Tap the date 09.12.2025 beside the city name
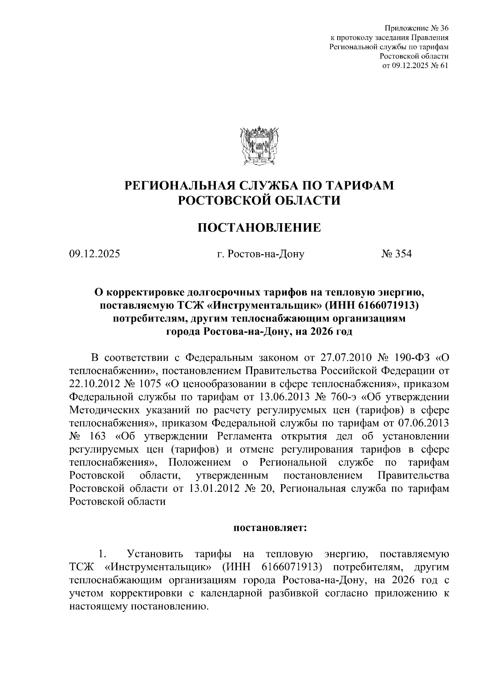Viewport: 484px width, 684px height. click(94, 254)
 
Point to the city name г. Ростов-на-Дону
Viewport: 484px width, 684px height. click(260, 254)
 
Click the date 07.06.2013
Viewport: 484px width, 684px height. click(423, 423)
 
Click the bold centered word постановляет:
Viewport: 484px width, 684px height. click(271, 528)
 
